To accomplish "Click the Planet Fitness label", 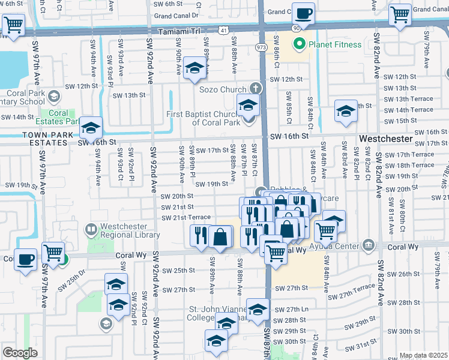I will coord(335,44).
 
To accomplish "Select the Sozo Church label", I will coord(223,89).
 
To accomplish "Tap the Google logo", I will coord(20,353).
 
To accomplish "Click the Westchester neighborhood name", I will coord(386,139).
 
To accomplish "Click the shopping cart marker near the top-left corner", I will coord(13,24).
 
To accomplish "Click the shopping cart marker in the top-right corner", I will coord(399,14).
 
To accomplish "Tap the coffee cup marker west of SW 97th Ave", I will coord(25,259).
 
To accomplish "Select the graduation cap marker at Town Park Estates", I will coord(91,128).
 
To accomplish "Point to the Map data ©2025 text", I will coord(424,355).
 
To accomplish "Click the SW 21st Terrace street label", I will coord(186,217).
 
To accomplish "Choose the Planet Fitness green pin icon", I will coord(299,44).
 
